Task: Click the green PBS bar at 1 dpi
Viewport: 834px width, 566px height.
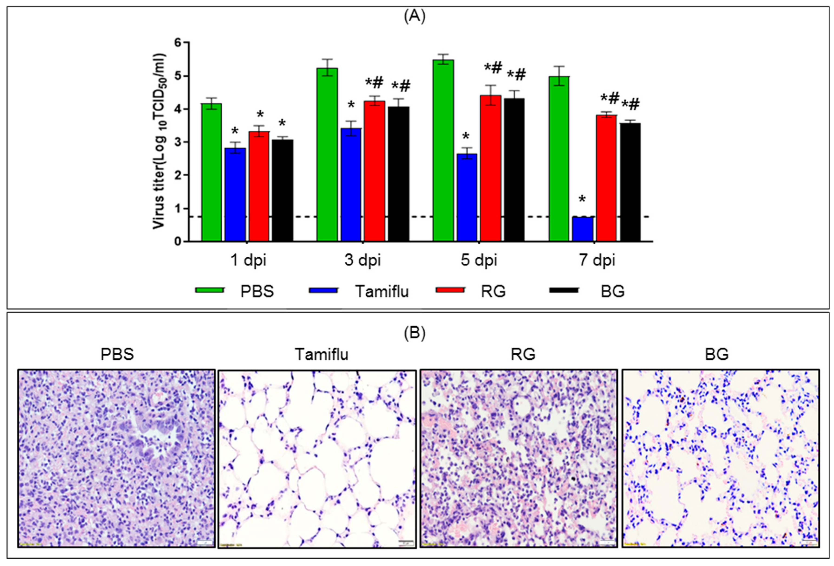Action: [211, 172]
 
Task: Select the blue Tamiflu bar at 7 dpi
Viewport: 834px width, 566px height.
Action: [582, 229]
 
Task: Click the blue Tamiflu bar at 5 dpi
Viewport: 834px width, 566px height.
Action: [467, 197]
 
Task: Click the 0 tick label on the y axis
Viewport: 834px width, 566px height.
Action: [178, 242]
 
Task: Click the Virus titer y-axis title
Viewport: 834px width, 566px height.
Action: [159, 142]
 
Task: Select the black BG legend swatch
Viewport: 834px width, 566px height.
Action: [563, 290]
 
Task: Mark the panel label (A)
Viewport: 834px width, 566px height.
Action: [415, 17]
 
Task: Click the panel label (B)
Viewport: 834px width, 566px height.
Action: [415, 333]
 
